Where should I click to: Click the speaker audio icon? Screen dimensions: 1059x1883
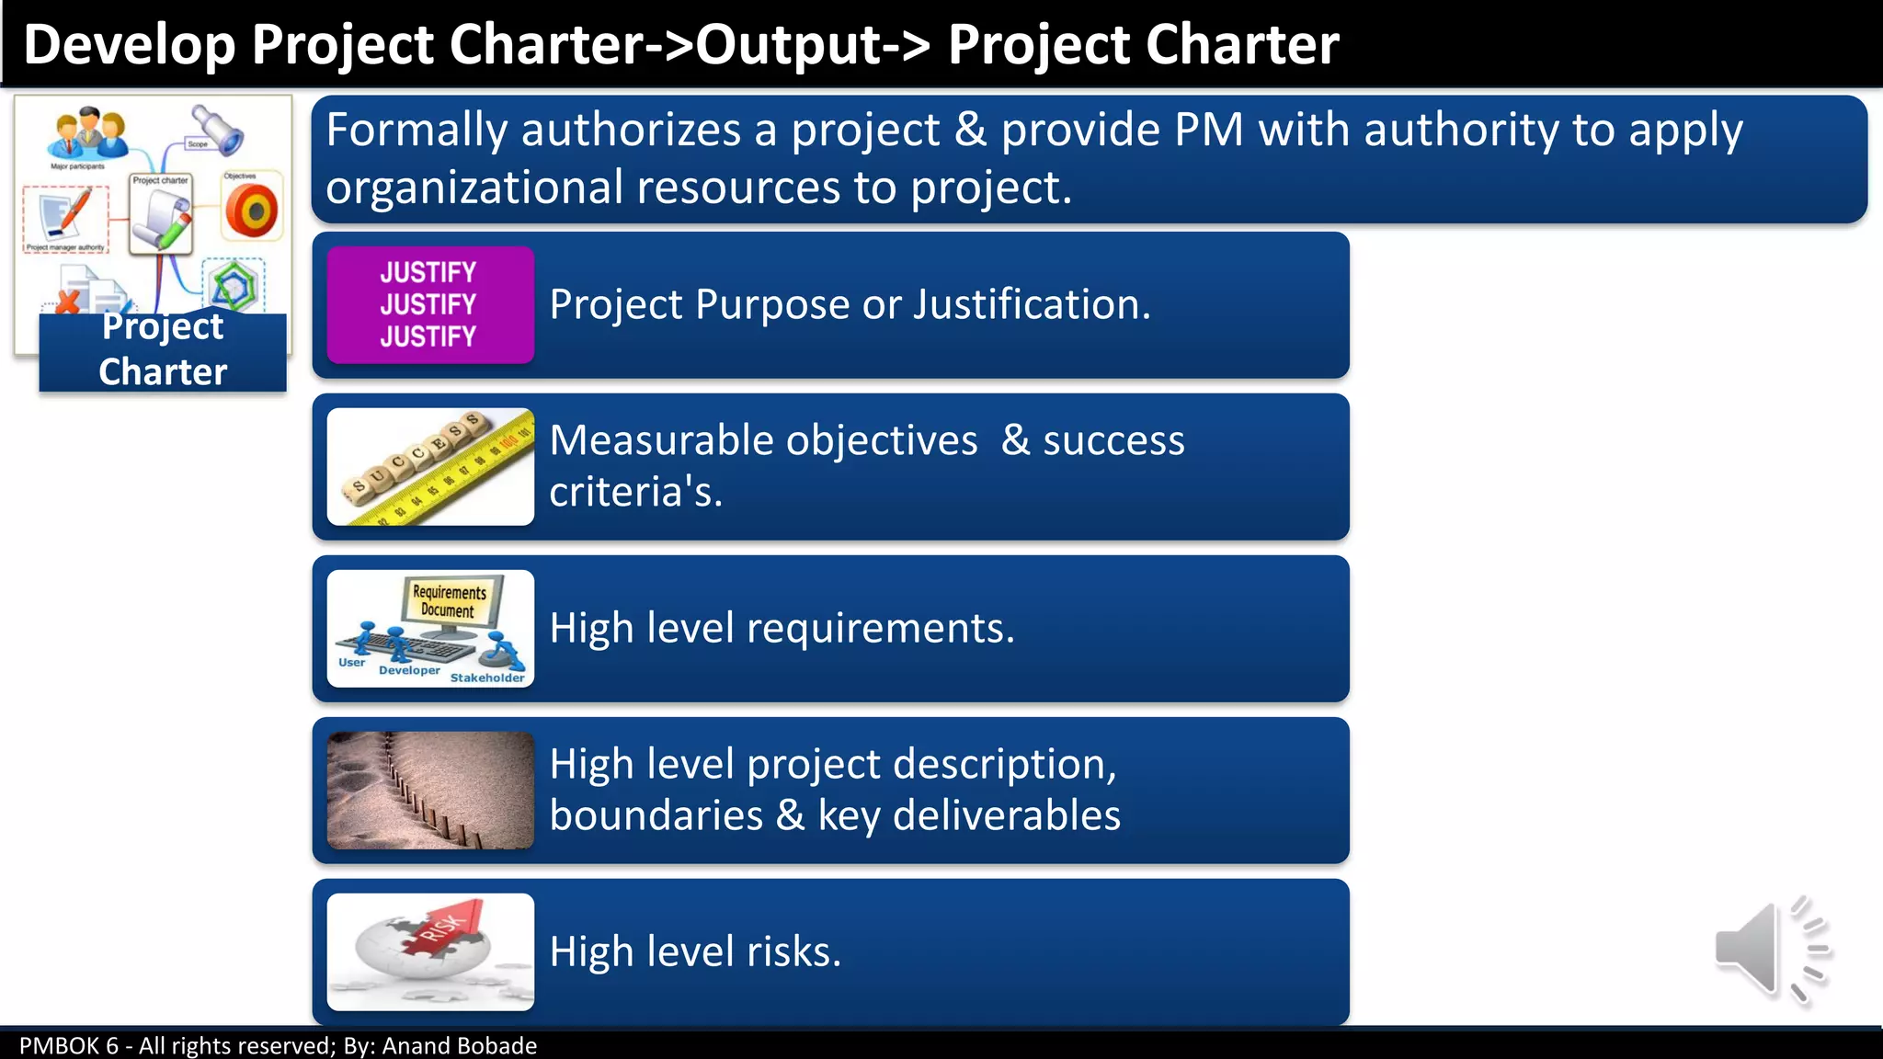1770,951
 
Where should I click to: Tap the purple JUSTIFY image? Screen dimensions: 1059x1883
430,304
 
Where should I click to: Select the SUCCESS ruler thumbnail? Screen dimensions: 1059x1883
430,467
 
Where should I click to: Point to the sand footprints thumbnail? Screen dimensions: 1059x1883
430,791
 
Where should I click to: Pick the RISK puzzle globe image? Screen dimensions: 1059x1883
430,952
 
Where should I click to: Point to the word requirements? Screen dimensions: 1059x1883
880,629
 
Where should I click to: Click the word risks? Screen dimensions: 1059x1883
793,951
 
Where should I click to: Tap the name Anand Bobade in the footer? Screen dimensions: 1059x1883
459,1046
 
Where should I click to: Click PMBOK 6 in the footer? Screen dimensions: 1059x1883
69,1046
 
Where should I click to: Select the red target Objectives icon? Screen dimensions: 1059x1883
251,211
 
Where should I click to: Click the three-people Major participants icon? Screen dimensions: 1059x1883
88,134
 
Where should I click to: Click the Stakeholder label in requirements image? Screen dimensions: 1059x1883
486,678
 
